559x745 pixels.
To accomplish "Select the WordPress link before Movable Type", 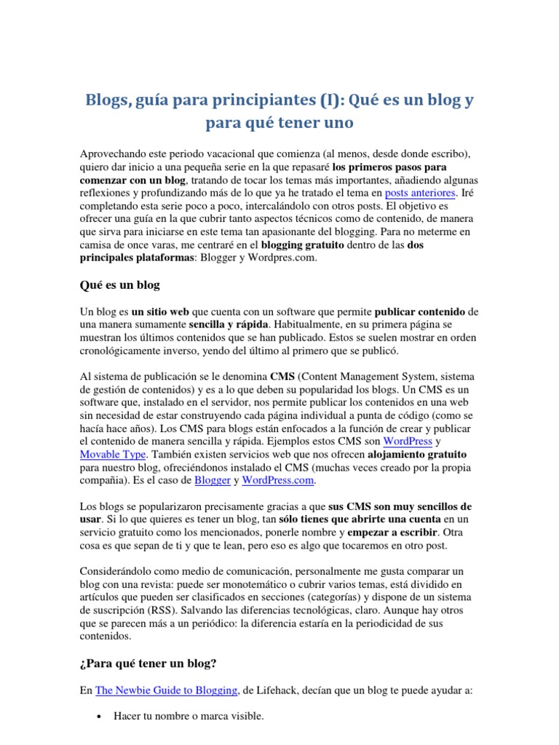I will point(408,441).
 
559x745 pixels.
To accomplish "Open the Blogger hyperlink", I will point(212,482).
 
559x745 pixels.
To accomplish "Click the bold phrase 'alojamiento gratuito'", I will point(416,455).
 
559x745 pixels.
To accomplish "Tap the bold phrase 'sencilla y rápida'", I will point(229,324).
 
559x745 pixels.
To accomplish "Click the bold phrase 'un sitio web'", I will point(159,311).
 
